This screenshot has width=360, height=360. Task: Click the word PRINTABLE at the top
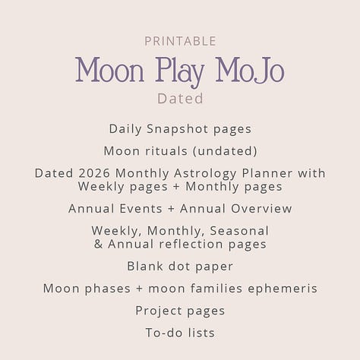pos(179,41)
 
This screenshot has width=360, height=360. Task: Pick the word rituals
pos(172,150)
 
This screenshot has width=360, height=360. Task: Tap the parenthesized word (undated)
pos(225,150)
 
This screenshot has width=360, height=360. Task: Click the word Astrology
pos(192,173)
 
